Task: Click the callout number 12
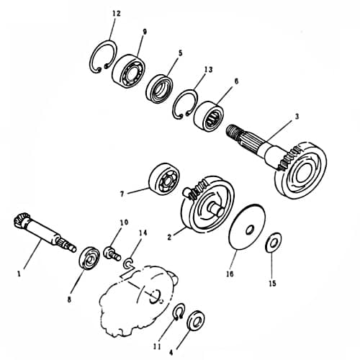117,14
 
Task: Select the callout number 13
208,70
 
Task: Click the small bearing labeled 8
90,257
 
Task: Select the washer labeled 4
195,319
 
